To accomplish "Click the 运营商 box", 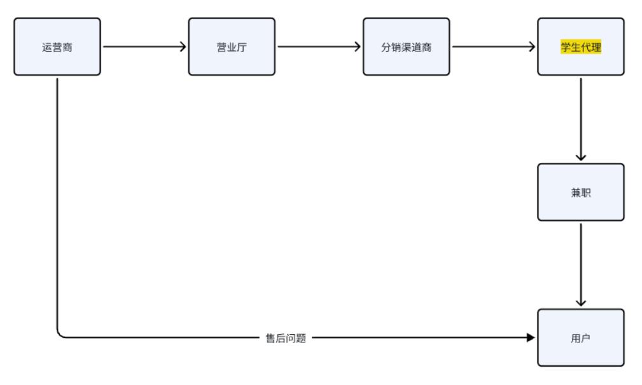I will [57, 46].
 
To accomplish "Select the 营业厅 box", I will [232, 46].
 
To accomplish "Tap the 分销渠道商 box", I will [406, 46].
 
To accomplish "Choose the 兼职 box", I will [581, 192].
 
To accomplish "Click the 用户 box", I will [581, 337].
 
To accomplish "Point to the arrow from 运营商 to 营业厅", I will [144, 46].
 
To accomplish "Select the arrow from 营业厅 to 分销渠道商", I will [318, 46].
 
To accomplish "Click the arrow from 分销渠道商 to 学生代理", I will [493, 46].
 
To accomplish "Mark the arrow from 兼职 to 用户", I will [581, 264].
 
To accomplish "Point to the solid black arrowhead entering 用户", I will [531, 338].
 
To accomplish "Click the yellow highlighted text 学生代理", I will [581, 46].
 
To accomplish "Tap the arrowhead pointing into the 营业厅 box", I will [183, 46].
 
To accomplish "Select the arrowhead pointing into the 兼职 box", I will [581, 157].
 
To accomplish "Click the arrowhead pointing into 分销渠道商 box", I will [358, 46].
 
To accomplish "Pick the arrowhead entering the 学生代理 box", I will [532, 46].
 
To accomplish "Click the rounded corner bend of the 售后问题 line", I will [60, 334].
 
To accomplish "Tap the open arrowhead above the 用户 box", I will [581, 302].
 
